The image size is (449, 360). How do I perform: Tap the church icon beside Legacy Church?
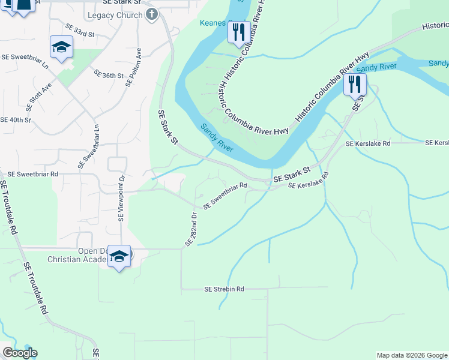tap(151, 14)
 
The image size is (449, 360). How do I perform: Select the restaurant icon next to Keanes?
tap(238, 32)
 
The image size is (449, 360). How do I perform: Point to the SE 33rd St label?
tap(80, 31)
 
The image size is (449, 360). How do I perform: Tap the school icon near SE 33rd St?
tap(61, 48)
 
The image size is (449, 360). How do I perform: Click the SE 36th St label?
tap(109, 74)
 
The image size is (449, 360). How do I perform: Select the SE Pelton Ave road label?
tap(133, 68)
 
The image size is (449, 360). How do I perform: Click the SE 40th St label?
tap(16, 120)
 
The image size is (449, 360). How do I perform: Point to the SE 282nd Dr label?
tap(191, 229)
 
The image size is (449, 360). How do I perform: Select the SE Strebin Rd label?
tap(224, 289)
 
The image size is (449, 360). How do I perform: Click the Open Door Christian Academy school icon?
tap(119, 257)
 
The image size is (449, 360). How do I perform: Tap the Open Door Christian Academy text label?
tap(78, 256)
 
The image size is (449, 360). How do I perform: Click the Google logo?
tap(19, 353)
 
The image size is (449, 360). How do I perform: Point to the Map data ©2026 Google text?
tap(412, 355)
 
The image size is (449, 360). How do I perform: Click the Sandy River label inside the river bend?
tap(216, 137)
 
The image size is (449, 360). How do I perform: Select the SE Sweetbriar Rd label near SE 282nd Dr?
tap(226, 196)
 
